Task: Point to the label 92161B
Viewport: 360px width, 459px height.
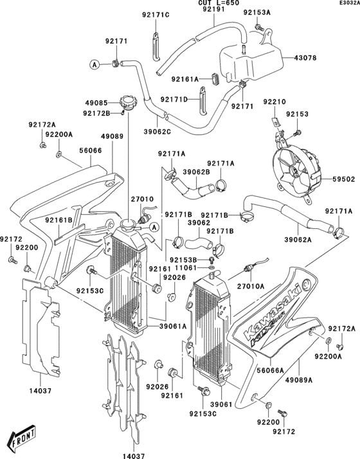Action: click(59, 220)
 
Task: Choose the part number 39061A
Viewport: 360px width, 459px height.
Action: click(174, 327)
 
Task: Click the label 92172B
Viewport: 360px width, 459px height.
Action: click(96, 113)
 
